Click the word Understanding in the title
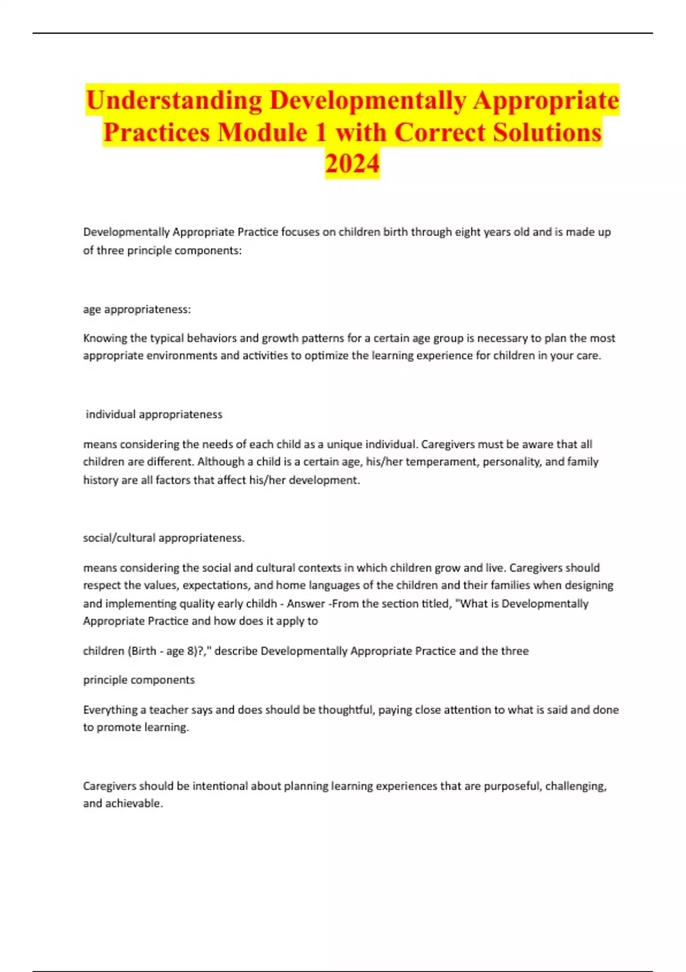point(174,101)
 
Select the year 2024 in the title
point(352,164)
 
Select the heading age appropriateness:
point(137,309)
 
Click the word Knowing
point(105,338)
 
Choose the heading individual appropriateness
point(154,415)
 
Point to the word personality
point(512,462)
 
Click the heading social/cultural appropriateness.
point(163,538)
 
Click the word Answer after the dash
point(306,604)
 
